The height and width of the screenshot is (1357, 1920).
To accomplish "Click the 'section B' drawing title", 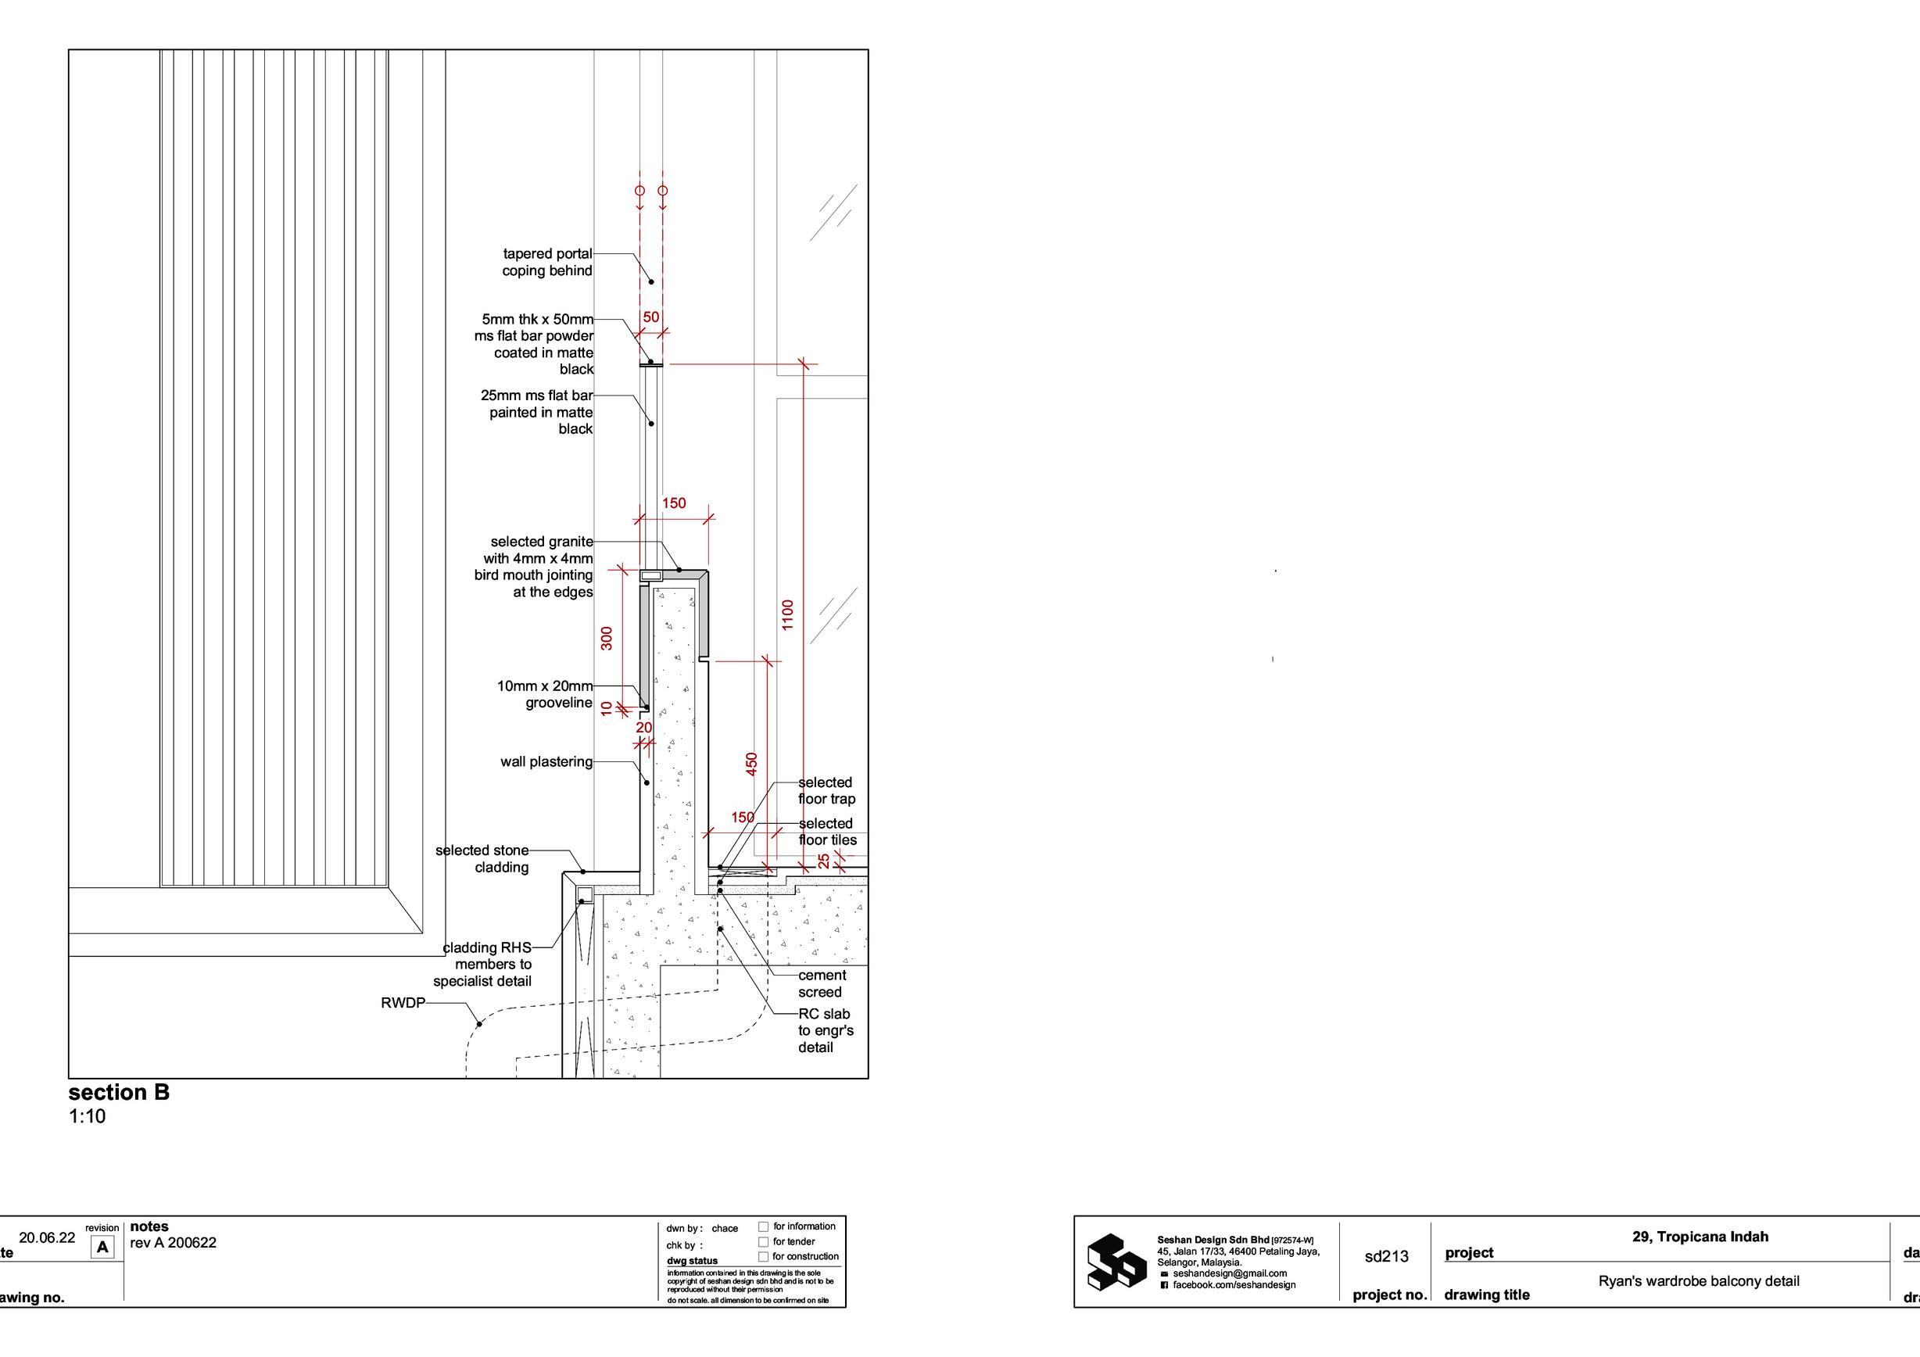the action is [119, 1092].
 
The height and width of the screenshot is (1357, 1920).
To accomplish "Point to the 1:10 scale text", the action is [87, 1116].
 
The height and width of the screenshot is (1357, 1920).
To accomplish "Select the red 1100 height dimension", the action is [787, 614].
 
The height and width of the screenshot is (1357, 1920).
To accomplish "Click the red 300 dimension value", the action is [607, 638].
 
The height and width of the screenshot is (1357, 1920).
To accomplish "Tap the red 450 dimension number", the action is [751, 764].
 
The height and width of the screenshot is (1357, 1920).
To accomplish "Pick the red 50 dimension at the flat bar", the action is [650, 317].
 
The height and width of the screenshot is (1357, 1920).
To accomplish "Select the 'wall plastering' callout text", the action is [546, 761].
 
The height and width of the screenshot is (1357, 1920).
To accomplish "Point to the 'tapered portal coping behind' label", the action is [547, 262].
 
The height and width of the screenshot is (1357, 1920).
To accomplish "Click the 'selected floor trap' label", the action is [826, 790].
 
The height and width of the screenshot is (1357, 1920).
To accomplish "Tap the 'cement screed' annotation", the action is [821, 983].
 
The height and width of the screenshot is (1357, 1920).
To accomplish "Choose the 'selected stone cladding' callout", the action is [482, 859].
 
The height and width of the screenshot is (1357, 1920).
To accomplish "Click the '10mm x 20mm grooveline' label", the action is [544, 694].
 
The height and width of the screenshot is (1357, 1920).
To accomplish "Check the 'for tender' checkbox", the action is [763, 1241].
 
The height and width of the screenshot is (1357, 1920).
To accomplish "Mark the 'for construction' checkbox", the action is [763, 1257].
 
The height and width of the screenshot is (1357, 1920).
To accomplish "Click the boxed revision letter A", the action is [103, 1248].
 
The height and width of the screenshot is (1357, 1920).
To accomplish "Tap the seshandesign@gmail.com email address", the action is [1229, 1273].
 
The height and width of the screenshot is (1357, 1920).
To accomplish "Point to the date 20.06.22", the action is [47, 1238].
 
